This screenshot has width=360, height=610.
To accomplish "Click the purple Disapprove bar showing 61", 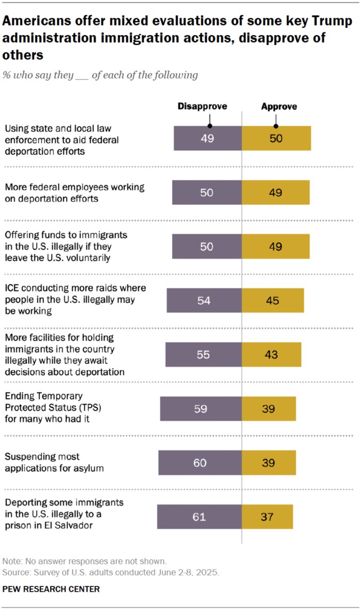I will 199,516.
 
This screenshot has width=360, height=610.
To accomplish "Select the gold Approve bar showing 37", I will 267,516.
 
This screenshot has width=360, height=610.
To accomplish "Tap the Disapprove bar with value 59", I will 201,409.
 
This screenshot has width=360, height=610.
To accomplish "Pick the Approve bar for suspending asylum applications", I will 269,462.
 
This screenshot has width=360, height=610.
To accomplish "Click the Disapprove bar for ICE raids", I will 204,300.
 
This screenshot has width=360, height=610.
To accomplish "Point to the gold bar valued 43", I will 271,355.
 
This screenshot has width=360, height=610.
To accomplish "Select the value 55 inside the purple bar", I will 203,355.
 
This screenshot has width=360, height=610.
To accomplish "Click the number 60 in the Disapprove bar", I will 200,462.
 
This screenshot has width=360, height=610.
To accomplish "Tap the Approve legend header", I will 279,107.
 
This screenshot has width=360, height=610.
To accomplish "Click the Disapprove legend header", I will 202,106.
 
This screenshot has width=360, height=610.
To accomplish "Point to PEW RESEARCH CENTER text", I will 51,589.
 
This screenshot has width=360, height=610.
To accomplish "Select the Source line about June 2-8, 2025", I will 110,573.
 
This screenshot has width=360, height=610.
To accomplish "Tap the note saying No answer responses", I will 85,561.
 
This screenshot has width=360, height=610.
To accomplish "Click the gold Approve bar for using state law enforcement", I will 276,139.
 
